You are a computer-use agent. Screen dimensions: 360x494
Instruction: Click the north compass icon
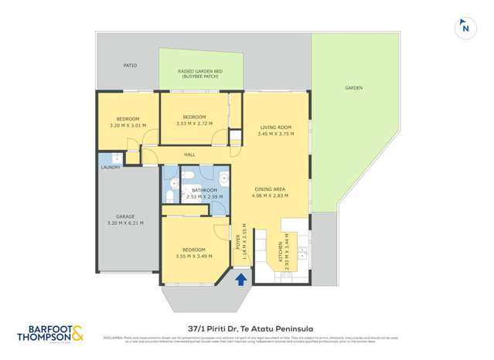(465, 29)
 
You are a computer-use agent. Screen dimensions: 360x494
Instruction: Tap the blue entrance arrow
(240, 279)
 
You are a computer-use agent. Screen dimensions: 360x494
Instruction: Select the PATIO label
(130, 66)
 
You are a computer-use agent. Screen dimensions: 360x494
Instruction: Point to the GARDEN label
(353, 88)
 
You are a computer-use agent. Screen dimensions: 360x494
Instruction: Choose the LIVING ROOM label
(274, 127)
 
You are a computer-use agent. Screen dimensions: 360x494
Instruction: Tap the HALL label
(189, 155)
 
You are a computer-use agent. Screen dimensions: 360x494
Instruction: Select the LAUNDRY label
(109, 167)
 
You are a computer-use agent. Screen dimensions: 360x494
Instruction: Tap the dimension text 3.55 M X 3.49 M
(189, 256)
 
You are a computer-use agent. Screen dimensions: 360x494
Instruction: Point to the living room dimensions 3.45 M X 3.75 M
(276, 134)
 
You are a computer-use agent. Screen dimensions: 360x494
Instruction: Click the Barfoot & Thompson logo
(51, 332)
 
